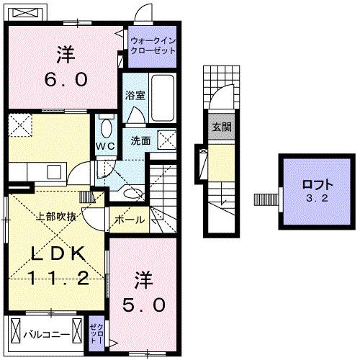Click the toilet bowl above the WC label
(x=106, y=127)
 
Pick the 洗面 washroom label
(x=140, y=140)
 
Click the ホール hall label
(x=130, y=220)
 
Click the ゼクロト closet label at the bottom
(x=96, y=333)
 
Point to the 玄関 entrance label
(x=221, y=127)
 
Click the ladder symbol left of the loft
(x=266, y=198)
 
